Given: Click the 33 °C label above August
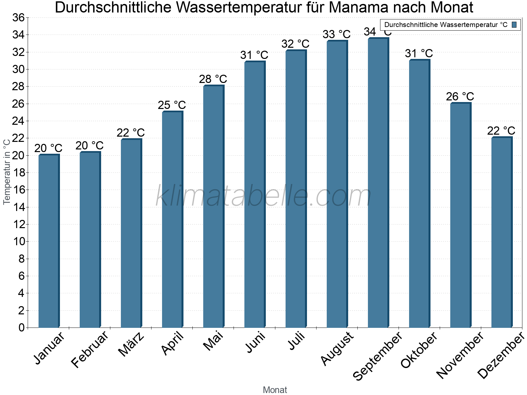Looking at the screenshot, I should (336, 34).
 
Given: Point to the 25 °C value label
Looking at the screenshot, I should (172, 105).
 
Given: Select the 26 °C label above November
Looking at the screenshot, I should (460, 96).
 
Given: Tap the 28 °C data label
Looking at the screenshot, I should (213, 79).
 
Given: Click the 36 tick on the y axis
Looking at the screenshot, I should (18, 17).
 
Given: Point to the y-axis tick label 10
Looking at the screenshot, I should (18, 242).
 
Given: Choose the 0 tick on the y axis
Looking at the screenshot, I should (21, 328).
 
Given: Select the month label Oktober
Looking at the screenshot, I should (419, 350).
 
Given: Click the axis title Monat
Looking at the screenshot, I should (275, 390).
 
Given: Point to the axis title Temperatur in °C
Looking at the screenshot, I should (7, 172).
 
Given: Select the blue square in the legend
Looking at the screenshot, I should (514, 25).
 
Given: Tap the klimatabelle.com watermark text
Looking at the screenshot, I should (263, 197).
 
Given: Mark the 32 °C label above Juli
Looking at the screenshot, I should (295, 44).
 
